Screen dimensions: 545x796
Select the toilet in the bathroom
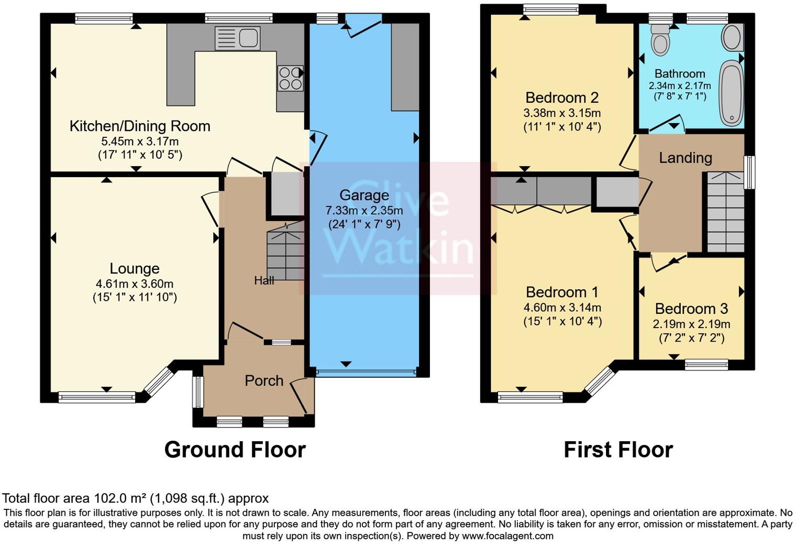click(660, 41)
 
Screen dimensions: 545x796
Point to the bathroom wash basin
click(731, 37)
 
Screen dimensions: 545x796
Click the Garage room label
click(364, 195)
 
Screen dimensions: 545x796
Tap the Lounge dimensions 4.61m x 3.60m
click(135, 284)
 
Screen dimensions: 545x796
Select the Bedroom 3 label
click(691, 309)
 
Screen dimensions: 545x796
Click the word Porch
click(264, 380)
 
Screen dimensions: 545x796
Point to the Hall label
click(264, 281)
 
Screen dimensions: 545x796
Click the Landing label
click(685, 158)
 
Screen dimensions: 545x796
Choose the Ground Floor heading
click(235, 450)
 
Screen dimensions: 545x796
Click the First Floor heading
click(618, 450)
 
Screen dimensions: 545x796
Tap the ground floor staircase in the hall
click(285, 252)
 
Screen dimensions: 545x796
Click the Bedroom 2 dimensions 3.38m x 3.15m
click(562, 113)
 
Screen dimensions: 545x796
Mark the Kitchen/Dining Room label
click(140, 126)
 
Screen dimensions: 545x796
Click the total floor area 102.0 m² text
click(135, 498)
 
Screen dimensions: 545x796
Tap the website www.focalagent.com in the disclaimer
click(507, 536)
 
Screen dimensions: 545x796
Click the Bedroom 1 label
click(562, 292)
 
